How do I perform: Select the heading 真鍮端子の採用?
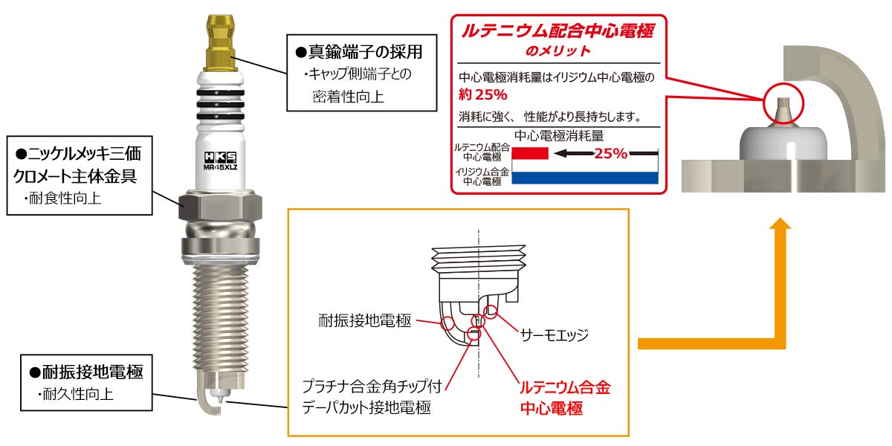(364, 53)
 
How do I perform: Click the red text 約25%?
(483, 95)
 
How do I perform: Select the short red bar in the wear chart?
(531, 153)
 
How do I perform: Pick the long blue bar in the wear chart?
(587, 177)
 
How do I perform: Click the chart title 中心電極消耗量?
(557, 136)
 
